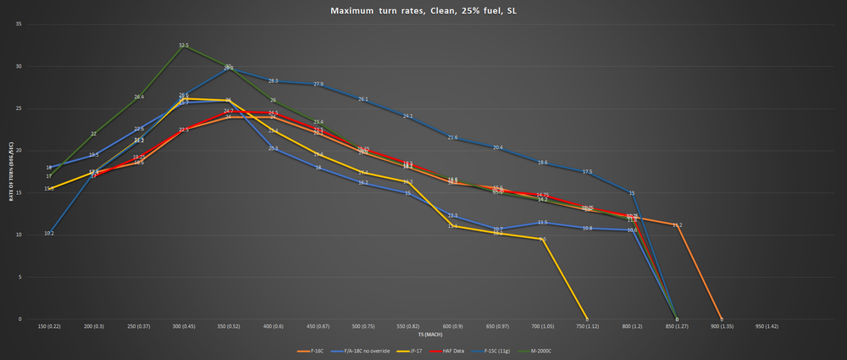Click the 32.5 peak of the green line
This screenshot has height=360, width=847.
[184, 45]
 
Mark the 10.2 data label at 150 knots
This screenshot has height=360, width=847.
[49, 233]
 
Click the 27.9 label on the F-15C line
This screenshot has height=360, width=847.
[318, 84]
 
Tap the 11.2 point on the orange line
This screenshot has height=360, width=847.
[677, 224]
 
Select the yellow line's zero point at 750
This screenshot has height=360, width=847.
[587, 318]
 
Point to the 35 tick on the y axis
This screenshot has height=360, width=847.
[19, 24]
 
